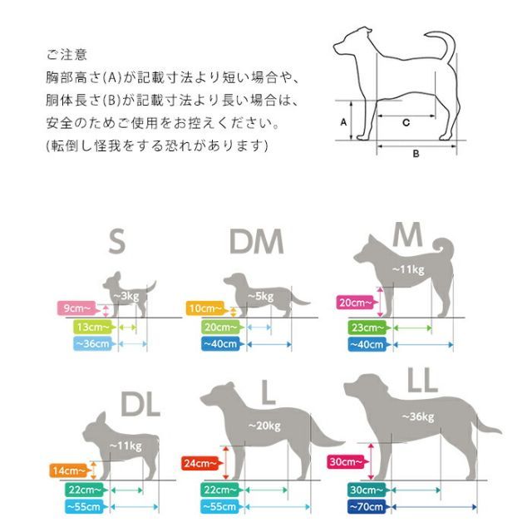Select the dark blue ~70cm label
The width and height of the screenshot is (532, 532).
[367, 507]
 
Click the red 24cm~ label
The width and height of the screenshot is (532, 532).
[201, 463]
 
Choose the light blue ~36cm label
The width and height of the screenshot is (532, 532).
[93, 343]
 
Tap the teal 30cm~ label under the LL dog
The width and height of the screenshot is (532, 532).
[367, 490]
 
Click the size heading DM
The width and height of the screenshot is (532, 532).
[257, 242]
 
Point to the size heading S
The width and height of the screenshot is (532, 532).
[116, 241]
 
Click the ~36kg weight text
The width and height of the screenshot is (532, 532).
[418, 416]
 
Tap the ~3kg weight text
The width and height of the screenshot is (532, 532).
[126, 296]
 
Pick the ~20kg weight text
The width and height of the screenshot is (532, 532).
[264, 426]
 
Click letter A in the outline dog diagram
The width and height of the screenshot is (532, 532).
[343, 122]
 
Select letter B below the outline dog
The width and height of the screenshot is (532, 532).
[416, 154]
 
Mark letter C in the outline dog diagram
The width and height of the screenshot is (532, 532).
[406, 122]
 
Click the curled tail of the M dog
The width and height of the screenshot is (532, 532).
[444, 246]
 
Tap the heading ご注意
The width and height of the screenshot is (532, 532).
[66, 54]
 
